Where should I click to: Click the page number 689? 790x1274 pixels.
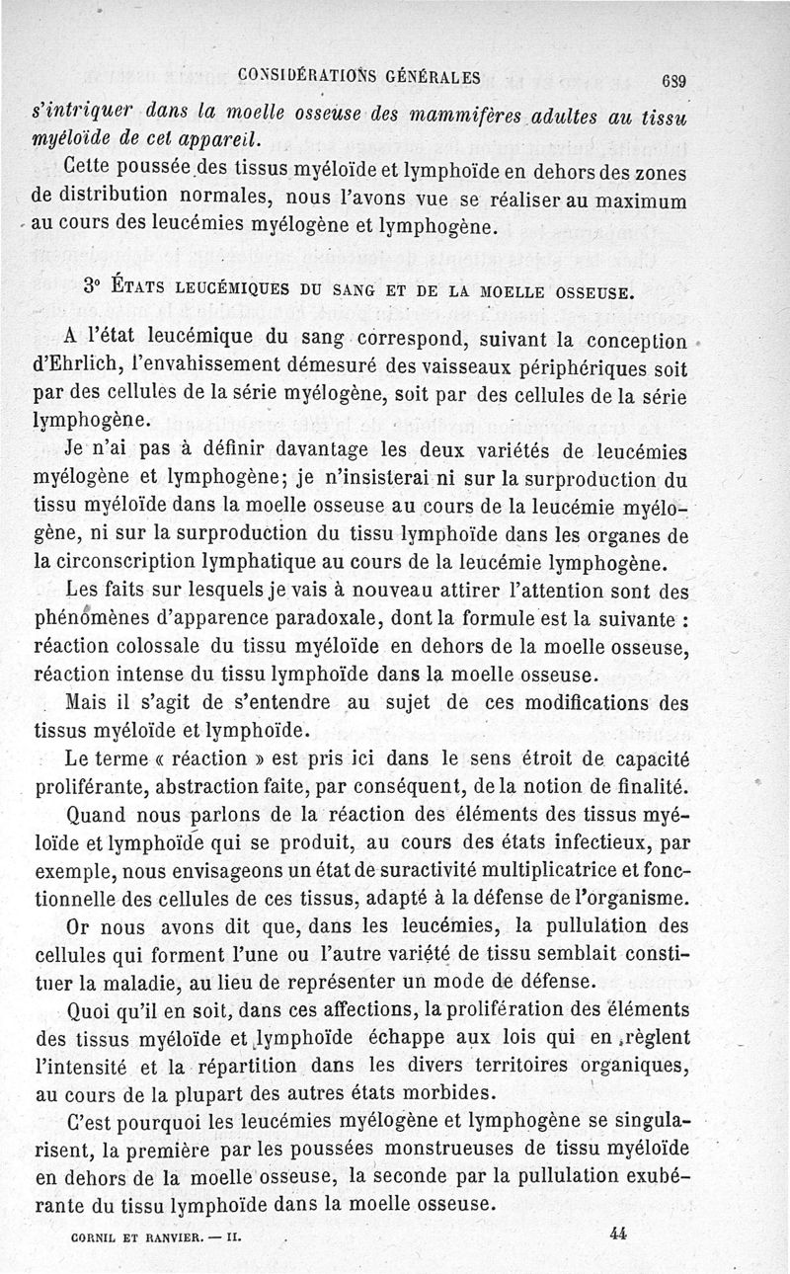click(x=672, y=81)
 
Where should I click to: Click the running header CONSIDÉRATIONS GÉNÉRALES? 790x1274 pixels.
click(x=359, y=74)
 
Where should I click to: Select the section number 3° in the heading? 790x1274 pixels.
click(x=95, y=287)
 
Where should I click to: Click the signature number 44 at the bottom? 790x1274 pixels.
click(x=619, y=1234)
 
